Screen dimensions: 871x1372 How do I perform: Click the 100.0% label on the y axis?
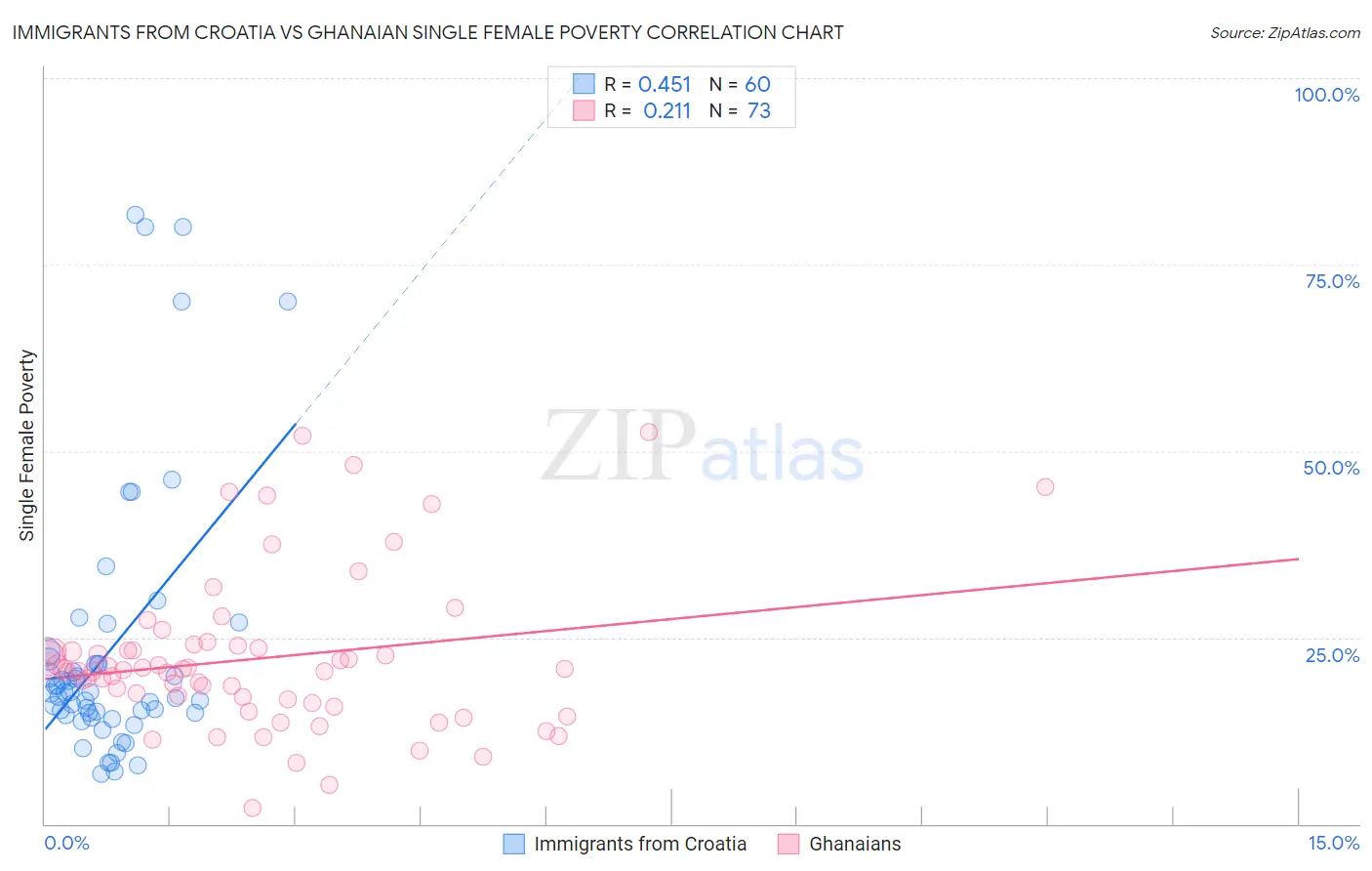1326,95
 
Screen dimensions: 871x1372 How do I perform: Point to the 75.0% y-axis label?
1332,281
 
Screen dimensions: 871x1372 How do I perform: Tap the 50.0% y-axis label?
1331,468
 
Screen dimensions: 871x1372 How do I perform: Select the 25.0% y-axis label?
1332,655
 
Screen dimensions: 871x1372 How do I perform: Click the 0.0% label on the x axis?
66,843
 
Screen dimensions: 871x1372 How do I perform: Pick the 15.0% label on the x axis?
1333,843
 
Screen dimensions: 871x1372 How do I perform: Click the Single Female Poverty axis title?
27,445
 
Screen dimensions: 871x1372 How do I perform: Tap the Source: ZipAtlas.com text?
1284,32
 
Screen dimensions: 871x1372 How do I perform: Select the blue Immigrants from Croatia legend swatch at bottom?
513,844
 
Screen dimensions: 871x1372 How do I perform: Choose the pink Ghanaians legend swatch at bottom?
788,844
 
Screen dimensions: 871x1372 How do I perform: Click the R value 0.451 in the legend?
664,85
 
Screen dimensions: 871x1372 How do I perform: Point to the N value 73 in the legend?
758,111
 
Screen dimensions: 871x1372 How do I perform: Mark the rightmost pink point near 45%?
1045,486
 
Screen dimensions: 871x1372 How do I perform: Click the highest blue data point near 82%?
136,215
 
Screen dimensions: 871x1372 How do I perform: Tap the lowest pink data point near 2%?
252,808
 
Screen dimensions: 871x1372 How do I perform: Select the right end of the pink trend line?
1298,559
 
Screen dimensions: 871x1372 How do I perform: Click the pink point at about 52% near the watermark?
649,433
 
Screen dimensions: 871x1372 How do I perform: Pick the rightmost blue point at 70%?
287,302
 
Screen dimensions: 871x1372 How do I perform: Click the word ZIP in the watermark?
618,446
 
